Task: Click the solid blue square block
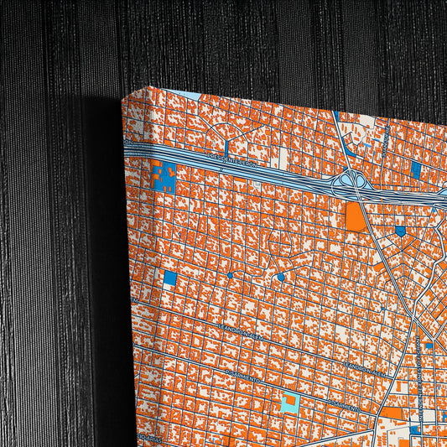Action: (x=170, y=278)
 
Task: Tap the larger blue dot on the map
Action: (x=281, y=277)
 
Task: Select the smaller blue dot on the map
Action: (x=231, y=275)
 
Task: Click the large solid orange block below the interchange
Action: (x=356, y=217)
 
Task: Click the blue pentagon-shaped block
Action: (x=400, y=230)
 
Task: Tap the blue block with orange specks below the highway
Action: (x=164, y=179)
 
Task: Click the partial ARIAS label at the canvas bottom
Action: (x=151, y=438)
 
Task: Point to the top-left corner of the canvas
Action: (x=122, y=97)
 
